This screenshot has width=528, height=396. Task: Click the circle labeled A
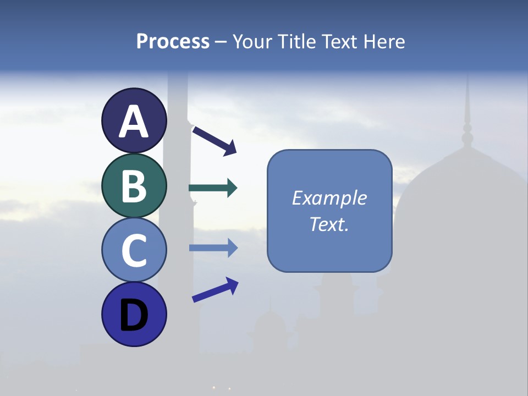[x=134, y=120]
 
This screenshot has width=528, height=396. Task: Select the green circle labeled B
[x=134, y=185]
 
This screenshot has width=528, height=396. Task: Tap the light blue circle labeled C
[x=134, y=250]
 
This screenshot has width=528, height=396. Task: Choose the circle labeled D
[x=134, y=314]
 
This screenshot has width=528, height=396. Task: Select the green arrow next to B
[x=213, y=188]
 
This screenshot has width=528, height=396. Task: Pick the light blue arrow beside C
[x=213, y=248]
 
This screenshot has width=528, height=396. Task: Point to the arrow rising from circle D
[x=215, y=289]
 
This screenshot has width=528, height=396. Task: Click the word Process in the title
[x=173, y=42]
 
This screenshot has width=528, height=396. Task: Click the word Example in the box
[x=329, y=198]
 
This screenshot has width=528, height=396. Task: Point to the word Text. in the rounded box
[x=329, y=224]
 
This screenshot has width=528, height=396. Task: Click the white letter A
[x=134, y=122]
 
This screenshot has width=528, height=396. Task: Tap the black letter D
[x=134, y=315]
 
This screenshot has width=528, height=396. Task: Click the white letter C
[x=134, y=251]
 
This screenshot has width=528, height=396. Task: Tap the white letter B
[x=134, y=186]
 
